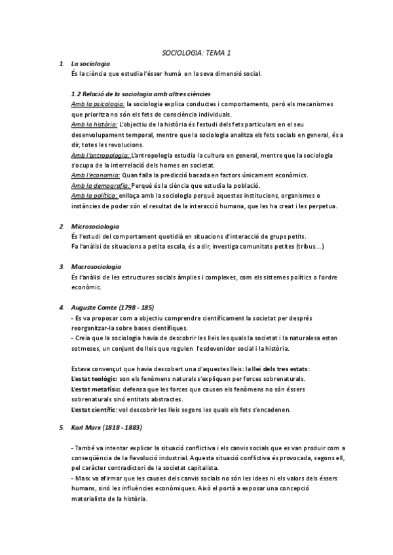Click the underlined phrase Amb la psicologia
click(x=97, y=103)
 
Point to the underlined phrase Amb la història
click(x=94, y=124)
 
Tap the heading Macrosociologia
click(x=96, y=266)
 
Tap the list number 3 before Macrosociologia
click(x=60, y=266)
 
